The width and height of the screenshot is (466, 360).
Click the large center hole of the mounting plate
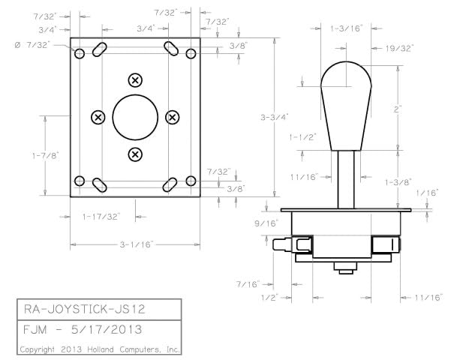pos(135,117)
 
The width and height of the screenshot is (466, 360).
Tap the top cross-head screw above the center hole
pos(135,79)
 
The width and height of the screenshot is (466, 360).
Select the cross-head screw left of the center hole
pos(98,117)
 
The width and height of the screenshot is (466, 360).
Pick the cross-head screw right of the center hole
pos(173,117)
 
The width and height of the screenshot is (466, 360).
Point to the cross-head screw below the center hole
pos(135,154)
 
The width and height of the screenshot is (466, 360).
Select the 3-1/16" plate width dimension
pos(135,244)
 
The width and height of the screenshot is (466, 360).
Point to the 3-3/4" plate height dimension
pos(275,117)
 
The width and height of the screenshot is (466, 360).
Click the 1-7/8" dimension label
pos(45,155)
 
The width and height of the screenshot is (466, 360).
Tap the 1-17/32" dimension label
pos(101,216)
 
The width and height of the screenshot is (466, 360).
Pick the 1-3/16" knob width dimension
pos(346,28)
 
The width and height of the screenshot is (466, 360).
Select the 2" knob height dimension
pos(397,109)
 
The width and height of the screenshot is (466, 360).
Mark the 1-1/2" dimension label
pos(302,137)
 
